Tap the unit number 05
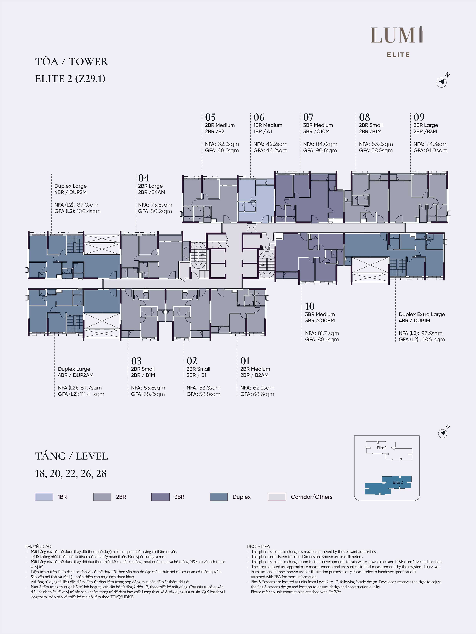pyautogui.click(x=210, y=117)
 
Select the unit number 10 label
pyautogui.click(x=310, y=306)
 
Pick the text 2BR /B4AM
pyautogui.click(x=152, y=192)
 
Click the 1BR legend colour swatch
pyautogui.click(x=44, y=497)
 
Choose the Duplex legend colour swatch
pyautogui.click(x=219, y=497)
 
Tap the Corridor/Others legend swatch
pyautogui.click(x=277, y=497)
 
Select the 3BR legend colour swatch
pyautogui.click(x=160, y=497)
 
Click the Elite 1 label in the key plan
pyautogui.click(x=382, y=448)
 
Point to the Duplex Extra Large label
pyautogui.click(x=422, y=315)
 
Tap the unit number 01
pyautogui.click(x=245, y=361)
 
